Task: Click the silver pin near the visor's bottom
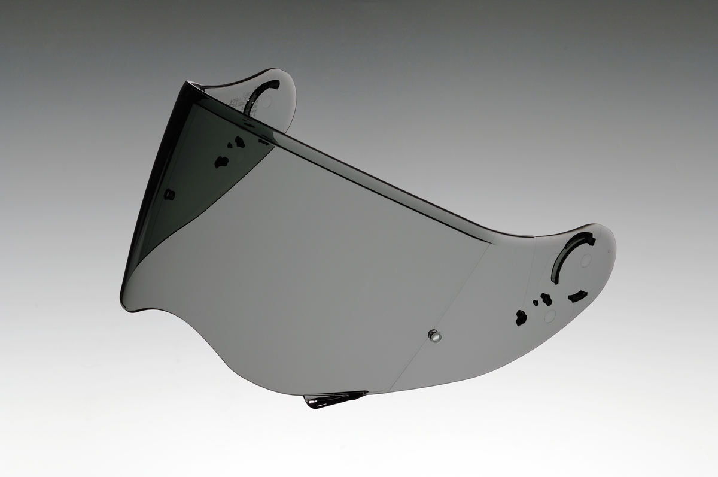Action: pyautogui.click(x=434, y=336)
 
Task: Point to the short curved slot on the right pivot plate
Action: pyautogui.click(x=577, y=296)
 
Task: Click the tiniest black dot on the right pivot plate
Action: pyautogui.click(x=536, y=303)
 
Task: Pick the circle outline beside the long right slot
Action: pyautogui.click(x=586, y=260)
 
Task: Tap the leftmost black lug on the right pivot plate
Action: pyautogui.click(x=521, y=318)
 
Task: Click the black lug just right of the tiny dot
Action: pyautogui.click(x=546, y=299)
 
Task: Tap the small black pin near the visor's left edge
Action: pyautogui.click(x=169, y=194)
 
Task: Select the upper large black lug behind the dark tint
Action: pyautogui.click(x=239, y=142)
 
